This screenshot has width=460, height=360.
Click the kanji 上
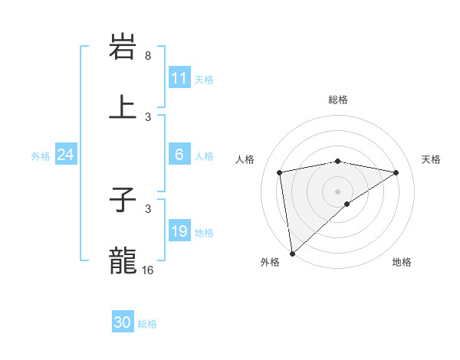(123, 106)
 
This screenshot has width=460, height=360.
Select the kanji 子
(123, 201)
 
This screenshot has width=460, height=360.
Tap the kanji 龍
(123, 260)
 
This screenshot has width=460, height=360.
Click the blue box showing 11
(179, 78)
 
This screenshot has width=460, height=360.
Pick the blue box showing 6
(179, 155)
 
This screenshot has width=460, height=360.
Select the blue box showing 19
(179, 231)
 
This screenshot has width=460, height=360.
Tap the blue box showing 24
(65, 155)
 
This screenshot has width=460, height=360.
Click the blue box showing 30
(123, 322)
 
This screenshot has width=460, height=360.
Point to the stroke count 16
(148, 270)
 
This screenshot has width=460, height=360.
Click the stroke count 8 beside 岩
(148, 56)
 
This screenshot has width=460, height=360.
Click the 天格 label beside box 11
(204, 79)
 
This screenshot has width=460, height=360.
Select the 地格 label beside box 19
(204, 232)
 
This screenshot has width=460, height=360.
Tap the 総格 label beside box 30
(147, 324)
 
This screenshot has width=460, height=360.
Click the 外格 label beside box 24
(41, 155)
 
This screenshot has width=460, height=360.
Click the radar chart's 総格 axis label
(338, 100)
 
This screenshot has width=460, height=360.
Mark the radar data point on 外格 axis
(292, 253)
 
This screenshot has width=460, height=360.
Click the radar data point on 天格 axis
(396, 172)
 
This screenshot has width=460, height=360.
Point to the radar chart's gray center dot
(338, 191)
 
